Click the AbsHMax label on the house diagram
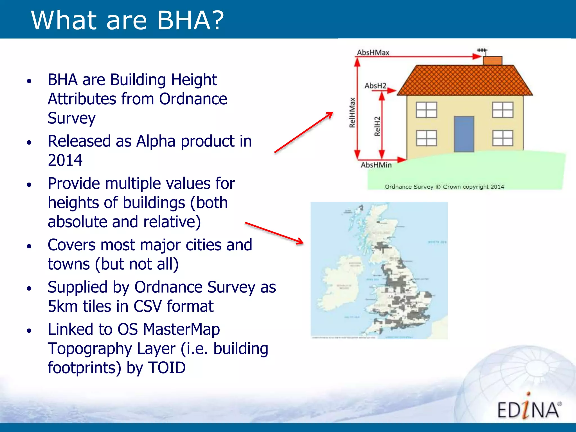point(373,53)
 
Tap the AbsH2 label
point(375,85)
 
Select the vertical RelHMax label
point(352,112)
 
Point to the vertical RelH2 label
point(377,126)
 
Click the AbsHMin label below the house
point(376,165)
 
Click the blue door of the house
point(464,134)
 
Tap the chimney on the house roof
point(492,60)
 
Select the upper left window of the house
point(426,110)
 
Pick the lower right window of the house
point(503,138)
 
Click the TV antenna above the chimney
point(482,50)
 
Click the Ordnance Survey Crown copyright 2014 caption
point(444,187)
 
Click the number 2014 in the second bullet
point(65,160)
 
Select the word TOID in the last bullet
point(167,368)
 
